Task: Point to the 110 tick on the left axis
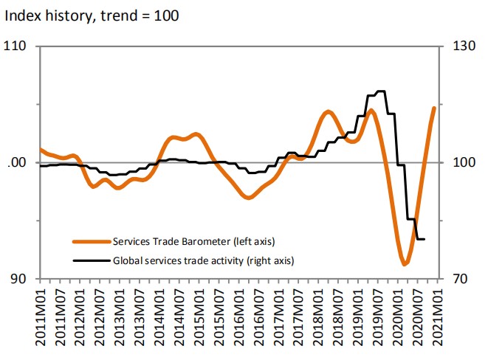pyautogui.click(x=16, y=46)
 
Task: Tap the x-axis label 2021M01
pyautogui.click(x=438, y=319)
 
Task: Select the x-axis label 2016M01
pyautogui.click(x=239, y=319)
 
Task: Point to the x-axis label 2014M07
pyautogui.click(x=179, y=319)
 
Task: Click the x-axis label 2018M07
pyautogui.click(x=338, y=319)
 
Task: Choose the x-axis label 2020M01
pyautogui.click(x=398, y=319)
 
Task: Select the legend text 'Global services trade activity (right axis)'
pyautogui.click(x=204, y=260)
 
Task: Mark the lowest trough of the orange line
pyautogui.click(x=405, y=263)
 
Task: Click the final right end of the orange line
pyautogui.click(x=434, y=108)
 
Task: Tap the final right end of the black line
pyautogui.click(x=425, y=239)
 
